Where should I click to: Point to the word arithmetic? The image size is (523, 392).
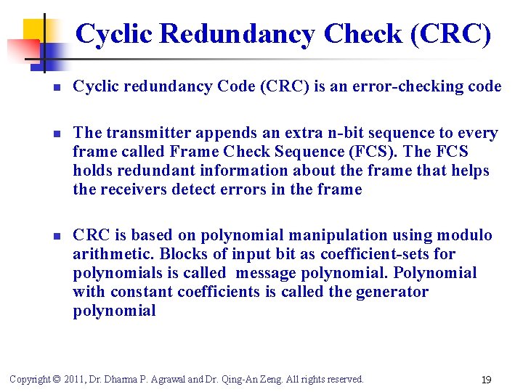tap(112, 254)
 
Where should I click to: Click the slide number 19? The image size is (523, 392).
tap(487, 380)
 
